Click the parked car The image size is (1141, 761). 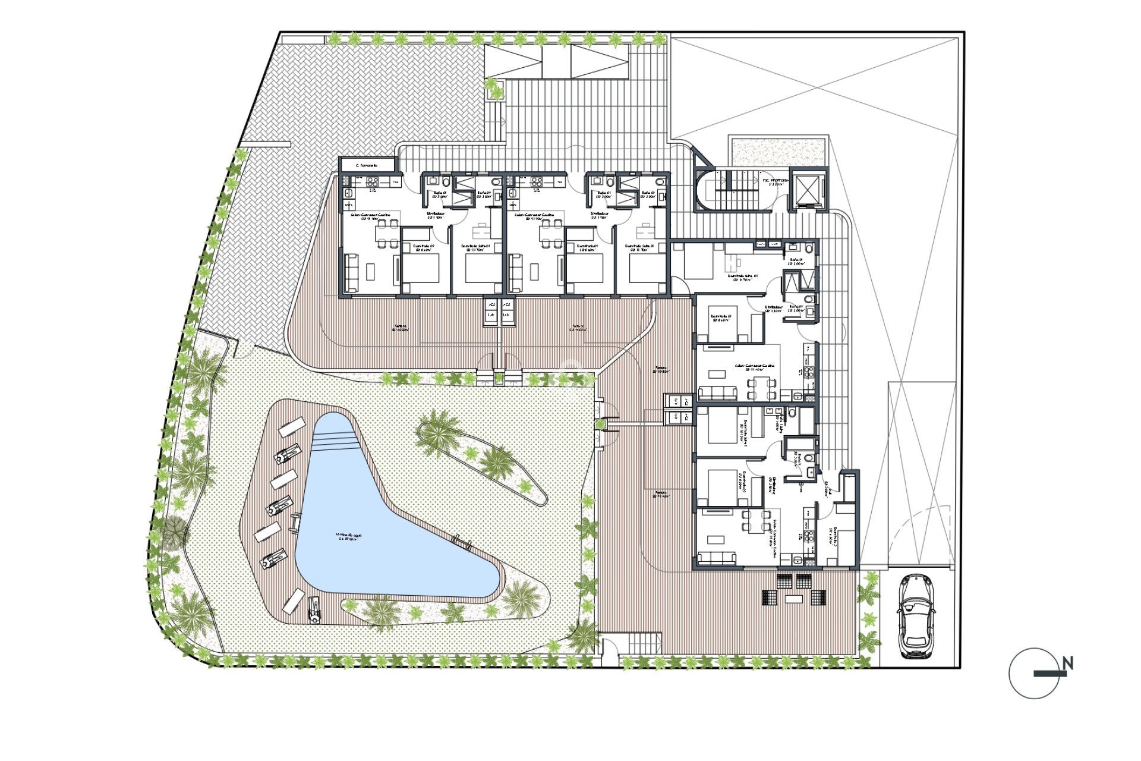pos(915,617)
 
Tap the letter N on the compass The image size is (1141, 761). pos(1067,663)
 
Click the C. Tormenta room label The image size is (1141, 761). pos(367,165)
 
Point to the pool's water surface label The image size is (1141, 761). pos(347,536)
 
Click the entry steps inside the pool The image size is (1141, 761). pos(336,440)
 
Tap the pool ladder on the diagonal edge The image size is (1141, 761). pos(461,540)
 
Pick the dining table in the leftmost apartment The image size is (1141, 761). pos(387,233)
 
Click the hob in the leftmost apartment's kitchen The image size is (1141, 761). pos(373,183)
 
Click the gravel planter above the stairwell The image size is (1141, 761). pos(778,152)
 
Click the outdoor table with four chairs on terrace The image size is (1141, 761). pos(794,589)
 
